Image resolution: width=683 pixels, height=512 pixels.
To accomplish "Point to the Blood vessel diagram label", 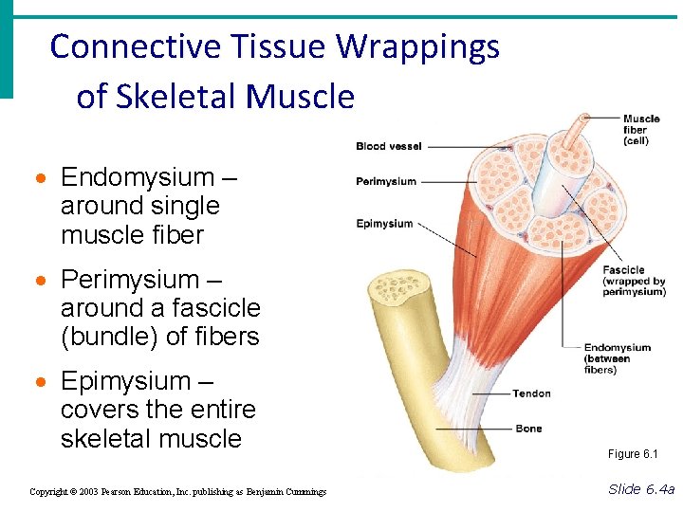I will coord(388,146).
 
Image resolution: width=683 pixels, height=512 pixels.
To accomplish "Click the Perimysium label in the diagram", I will coord(385,181).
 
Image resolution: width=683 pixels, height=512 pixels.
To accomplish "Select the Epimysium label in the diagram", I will coord(384,224).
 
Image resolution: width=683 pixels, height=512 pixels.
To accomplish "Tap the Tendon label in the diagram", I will coord(531,393).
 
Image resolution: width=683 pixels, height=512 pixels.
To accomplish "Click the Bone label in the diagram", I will coord(528,429).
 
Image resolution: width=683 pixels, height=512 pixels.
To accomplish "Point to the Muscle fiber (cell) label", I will coord(641,130).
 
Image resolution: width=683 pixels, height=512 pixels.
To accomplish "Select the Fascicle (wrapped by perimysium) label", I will coord(634,281).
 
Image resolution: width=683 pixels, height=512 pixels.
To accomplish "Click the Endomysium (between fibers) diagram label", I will coord(617,358).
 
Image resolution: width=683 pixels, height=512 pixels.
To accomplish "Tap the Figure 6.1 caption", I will coord(632,454).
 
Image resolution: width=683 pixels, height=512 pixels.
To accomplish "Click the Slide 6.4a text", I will coord(641,489).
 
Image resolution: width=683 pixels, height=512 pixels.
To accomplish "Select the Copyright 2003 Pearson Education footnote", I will coord(177,492).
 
